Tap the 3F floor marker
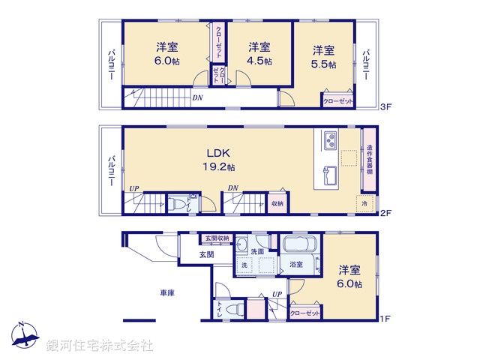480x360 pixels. [385, 107]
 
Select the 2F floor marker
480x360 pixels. [385, 213]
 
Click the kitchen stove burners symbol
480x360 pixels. [331, 140]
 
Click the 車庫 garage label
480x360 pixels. [166, 292]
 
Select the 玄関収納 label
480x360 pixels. [218, 238]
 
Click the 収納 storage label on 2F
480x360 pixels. [277, 202]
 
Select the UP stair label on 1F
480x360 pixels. [277, 293]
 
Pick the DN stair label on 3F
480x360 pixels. [196, 97]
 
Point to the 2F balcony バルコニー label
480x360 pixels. [110, 169]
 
